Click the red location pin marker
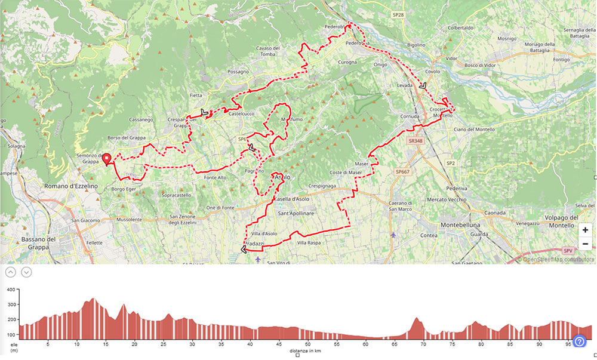(x=107, y=159)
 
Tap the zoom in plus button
(x=585, y=229)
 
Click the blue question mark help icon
(x=579, y=341)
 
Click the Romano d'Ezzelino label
(x=70, y=186)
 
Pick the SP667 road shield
(x=402, y=172)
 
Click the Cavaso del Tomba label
(x=269, y=51)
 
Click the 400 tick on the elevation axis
(x=11, y=290)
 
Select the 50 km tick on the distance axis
(x=307, y=344)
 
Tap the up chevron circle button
(x=10, y=272)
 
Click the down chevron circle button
(x=26, y=272)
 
